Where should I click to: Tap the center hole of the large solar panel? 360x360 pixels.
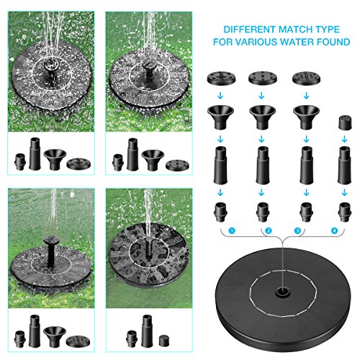point(282,293)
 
